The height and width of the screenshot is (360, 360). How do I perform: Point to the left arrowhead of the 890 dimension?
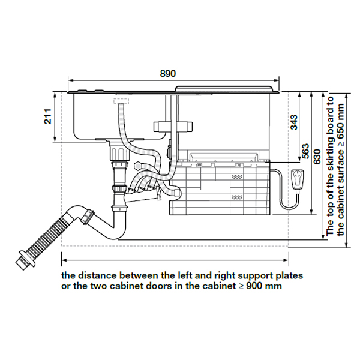70,79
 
